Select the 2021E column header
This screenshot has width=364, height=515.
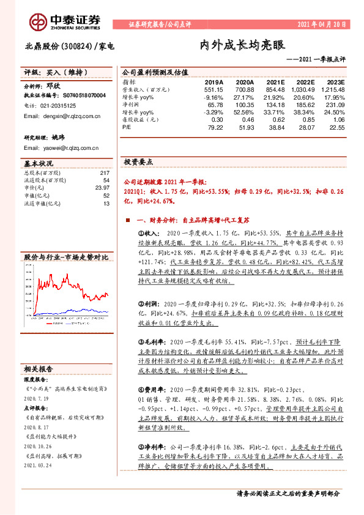(276, 81)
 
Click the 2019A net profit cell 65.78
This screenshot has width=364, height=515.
(214, 105)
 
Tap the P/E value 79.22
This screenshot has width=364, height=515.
(214, 127)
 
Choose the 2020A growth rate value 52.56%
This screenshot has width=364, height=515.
(243, 112)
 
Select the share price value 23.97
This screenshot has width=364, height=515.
(102, 188)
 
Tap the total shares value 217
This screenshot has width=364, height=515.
(104, 173)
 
